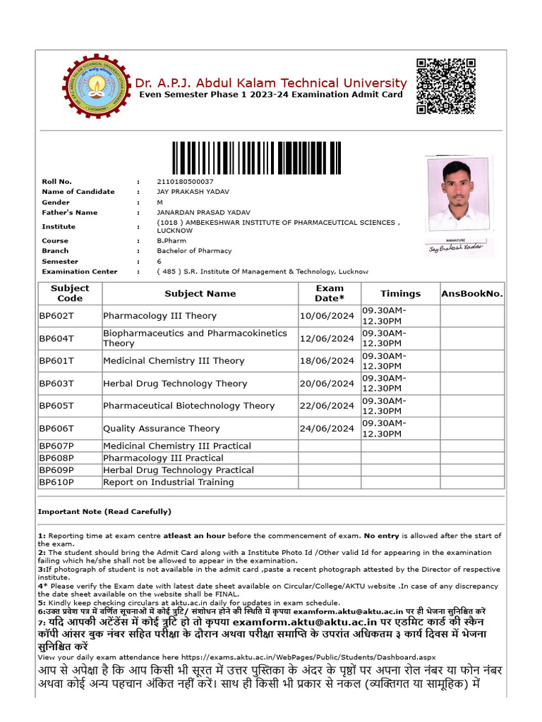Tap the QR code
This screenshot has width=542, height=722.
tap(445, 86)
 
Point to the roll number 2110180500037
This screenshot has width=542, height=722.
tap(185, 181)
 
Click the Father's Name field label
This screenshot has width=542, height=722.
tap(70, 212)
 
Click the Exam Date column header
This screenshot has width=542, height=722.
tap(330, 293)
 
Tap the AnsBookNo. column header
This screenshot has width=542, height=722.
tap(472, 293)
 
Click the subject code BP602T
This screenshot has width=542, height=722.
tap(56, 316)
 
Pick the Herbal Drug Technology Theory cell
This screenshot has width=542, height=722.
tap(175, 384)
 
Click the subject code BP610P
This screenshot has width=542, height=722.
tap(56, 482)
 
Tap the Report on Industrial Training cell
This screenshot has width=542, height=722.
tap(169, 482)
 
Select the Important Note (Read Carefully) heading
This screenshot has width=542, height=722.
tap(104, 511)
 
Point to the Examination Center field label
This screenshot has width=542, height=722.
tap(80, 271)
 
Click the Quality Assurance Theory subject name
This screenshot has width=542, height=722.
tap(162, 428)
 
